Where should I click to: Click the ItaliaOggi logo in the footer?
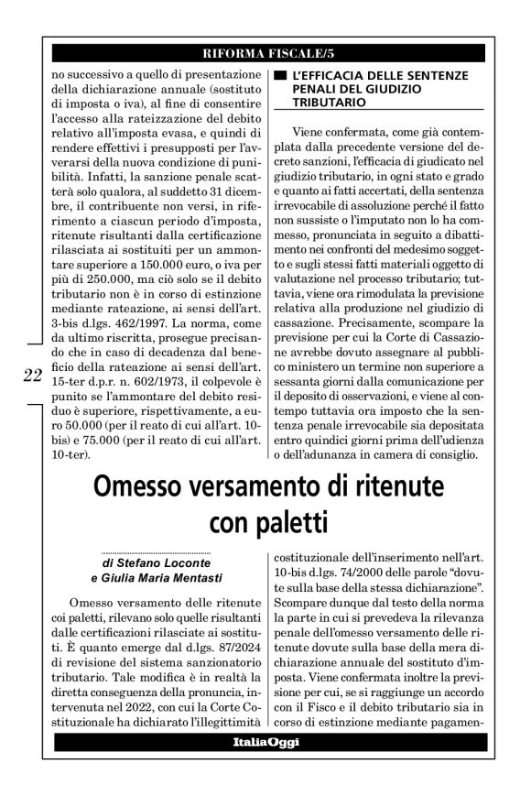[265, 742]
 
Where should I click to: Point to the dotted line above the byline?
[156, 551]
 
